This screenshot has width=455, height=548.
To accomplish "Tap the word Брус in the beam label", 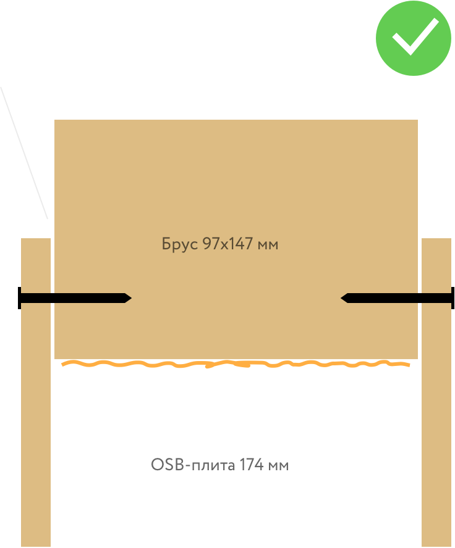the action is tap(180, 244).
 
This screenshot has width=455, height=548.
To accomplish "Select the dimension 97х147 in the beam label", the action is tap(228, 244).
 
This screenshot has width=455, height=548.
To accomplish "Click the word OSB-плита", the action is tap(192, 465).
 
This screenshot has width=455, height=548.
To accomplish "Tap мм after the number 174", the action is tap(278, 465).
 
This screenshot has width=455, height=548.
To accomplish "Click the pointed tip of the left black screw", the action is tap(130, 298).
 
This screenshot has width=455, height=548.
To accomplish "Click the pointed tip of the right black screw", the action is tap(342, 298).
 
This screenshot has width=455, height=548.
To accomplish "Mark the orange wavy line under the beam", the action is tap(235, 364).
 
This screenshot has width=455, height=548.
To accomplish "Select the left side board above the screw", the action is tap(35, 265).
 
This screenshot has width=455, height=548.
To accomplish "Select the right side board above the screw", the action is tap(436, 265).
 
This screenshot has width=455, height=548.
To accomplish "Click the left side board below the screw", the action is tap(35, 426).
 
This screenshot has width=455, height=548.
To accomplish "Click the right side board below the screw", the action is tap(436, 426).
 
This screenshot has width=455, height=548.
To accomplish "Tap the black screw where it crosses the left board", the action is tap(35, 298).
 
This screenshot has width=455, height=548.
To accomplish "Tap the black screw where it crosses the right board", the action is tap(436, 298).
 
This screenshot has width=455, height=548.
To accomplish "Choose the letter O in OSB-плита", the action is tap(156, 465).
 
